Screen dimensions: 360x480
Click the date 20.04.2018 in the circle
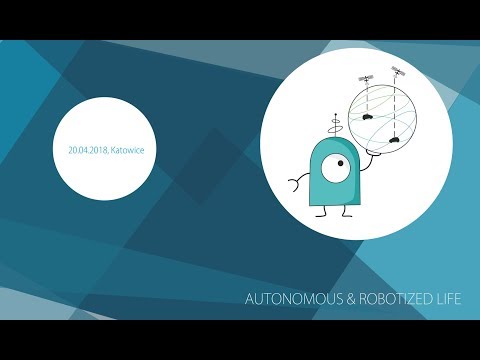point(87,150)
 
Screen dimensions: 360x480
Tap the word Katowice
point(125,150)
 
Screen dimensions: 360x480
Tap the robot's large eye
point(338,162)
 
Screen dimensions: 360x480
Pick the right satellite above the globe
point(397,72)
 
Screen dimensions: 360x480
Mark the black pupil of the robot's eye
point(342,161)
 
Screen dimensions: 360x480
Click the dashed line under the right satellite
point(398,105)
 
